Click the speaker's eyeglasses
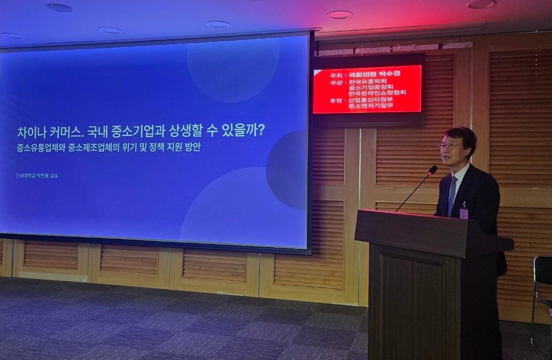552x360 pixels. pyautogui.click(x=451, y=146)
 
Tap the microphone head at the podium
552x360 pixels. pyautogui.click(x=432, y=170)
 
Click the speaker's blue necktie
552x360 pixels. pyautogui.click(x=452, y=196)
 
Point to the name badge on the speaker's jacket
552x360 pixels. pyautogui.click(x=464, y=212)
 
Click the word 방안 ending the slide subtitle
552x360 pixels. pyautogui.click(x=193, y=147)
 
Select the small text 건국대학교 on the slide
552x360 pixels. pyautogui.click(x=25, y=176)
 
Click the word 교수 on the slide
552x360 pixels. pyautogui.click(x=54, y=176)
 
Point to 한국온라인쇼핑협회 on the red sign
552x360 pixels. pyautogui.click(x=377, y=93)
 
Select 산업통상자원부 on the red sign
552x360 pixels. pyautogui.click(x=371, y=99)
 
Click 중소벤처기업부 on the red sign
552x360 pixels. pyautogui.click(x=371, y=105)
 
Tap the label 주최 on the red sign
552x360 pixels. pyautogui.click(x=335, y=75)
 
